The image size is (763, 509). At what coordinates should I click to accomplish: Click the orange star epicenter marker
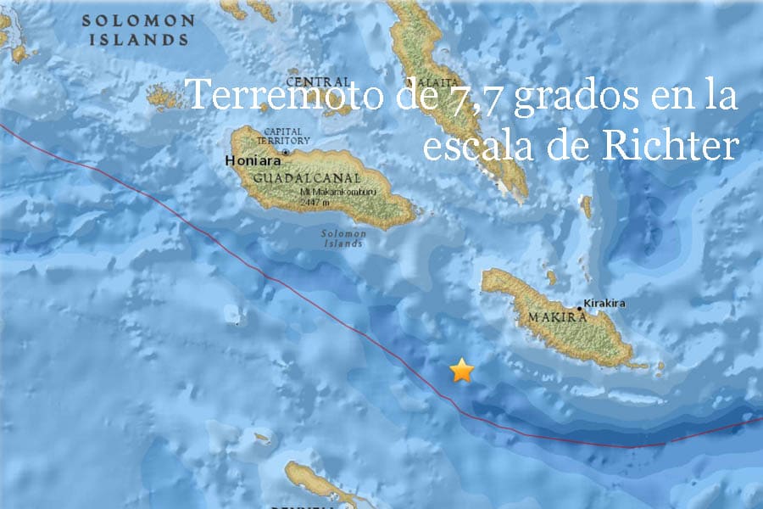(461, 370)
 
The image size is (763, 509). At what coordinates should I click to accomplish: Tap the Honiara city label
(252, 159)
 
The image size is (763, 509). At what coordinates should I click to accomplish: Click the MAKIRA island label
(557, 316)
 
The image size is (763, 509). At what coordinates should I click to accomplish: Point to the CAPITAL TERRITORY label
(287, 136)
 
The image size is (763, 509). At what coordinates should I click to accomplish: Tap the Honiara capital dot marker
(287, 154)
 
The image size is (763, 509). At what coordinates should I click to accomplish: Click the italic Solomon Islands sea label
(343, 238)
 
